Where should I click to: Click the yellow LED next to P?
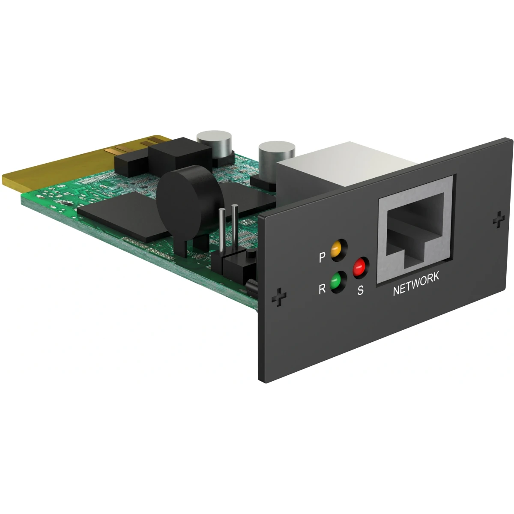tap(336, 250)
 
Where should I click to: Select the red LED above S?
tap(360, 268)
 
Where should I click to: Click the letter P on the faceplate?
tap(322, 258)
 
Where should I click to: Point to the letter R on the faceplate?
tap(322, 289)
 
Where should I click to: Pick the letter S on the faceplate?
tap(360, 291)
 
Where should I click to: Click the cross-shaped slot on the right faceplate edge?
tap(498, 221)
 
